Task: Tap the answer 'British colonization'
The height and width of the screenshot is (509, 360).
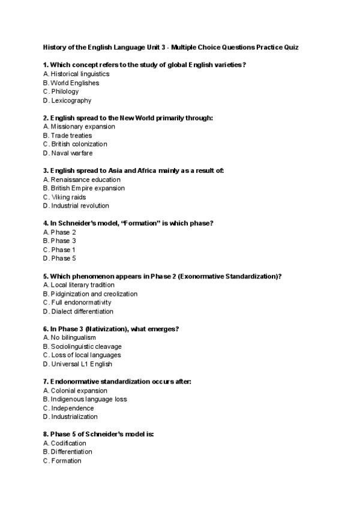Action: pyautogui.click(x=79, y=144)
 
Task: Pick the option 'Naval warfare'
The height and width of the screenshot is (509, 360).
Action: pyautogui.click(x=71, y=153)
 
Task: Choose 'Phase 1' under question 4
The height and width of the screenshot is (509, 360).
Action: pyautogui.click(x=63, y=250)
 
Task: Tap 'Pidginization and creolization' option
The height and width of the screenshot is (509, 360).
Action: pyautogui.click(x=94, y=294)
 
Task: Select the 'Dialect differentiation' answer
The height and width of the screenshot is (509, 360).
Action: pyautogui.click(x=82, y=312)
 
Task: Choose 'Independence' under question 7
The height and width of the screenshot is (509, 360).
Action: pyautogui.click(x=72, y=408)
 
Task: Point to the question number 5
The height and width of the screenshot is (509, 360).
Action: pyautogui.click(x=46, y=276)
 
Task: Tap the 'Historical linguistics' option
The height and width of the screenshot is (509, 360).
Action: pyautogui.click(x=79, y=74)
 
